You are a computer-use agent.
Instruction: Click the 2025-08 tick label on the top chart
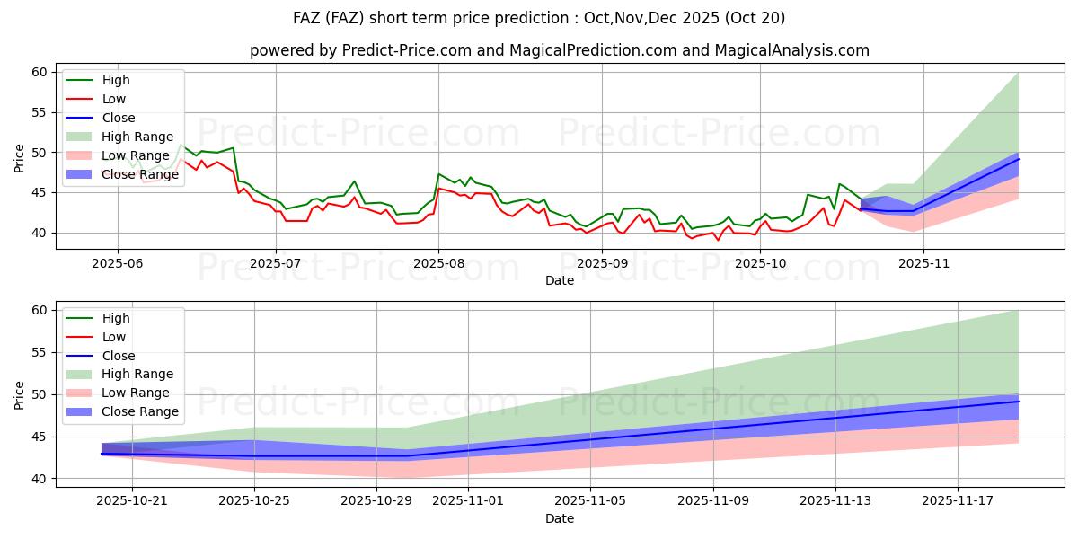437,264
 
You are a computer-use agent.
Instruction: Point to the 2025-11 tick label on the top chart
923,264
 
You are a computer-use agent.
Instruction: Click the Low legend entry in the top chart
114,99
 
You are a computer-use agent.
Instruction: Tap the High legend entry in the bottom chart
116,318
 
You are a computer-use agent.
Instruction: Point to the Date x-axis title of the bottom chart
559,519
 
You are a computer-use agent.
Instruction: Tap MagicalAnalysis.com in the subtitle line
791,50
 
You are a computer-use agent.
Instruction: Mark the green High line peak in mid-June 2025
181,145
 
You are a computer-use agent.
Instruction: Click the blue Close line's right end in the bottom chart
1018,402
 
